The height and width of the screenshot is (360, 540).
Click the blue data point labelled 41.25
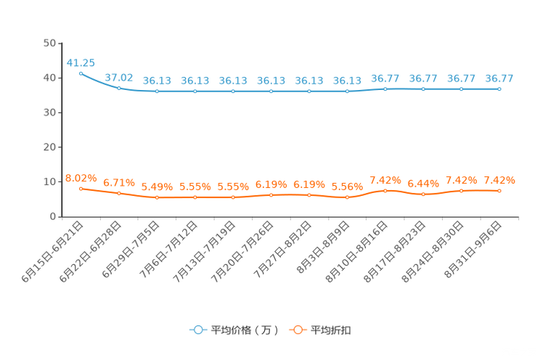[81, 73]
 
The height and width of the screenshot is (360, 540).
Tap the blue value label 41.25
[80, 62]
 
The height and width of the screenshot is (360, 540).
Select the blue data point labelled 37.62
[119, 87]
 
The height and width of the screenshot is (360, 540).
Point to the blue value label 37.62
[119, 77]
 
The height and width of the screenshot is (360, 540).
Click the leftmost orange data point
[81, 189]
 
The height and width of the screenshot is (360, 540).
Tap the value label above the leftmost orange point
[81, 178]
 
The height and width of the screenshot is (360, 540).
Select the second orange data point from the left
[119, 193]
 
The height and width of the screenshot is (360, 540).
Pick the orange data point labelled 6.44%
[423, 195]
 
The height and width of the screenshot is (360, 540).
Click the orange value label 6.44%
[423, 184]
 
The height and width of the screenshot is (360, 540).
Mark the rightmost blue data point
[499, 89]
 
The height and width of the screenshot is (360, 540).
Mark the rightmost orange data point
[499, 191]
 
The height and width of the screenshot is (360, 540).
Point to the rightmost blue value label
[499, 78]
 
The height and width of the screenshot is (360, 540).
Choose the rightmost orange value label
[499, 180]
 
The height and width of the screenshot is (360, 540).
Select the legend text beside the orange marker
[332, 330]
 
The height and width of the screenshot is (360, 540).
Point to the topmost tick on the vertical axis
[60, 44]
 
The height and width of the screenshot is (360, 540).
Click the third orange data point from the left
[157, 197]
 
